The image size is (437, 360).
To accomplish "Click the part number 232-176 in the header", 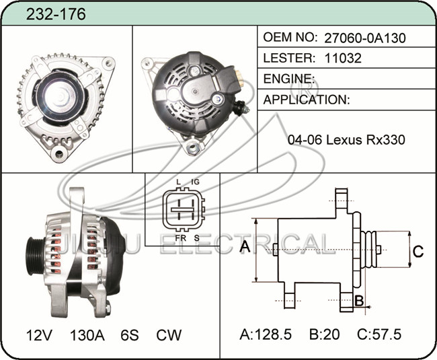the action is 56,14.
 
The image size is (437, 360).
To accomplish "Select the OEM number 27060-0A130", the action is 365,38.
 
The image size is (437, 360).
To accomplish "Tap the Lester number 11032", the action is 343,58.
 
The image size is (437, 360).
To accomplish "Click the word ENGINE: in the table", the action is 289,79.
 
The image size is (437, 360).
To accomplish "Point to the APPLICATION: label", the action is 307,100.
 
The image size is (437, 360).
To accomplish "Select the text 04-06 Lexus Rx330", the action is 346,140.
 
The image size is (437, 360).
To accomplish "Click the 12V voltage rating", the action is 39,335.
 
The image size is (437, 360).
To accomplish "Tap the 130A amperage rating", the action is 87,335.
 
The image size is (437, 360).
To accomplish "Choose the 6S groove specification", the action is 130,335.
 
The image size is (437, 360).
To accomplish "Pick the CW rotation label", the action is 169,335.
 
